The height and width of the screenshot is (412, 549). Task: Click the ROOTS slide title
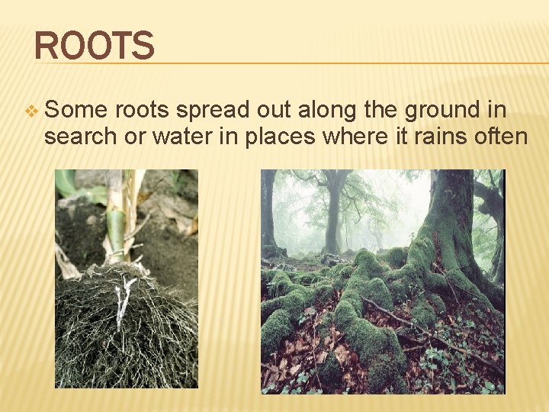[x=95, y=46]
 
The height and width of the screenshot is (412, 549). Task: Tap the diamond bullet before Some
[x=30, y=111]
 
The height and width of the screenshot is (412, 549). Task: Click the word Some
[x=75, y=111]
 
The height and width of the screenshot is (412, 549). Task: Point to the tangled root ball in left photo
[x=122, y=328]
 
